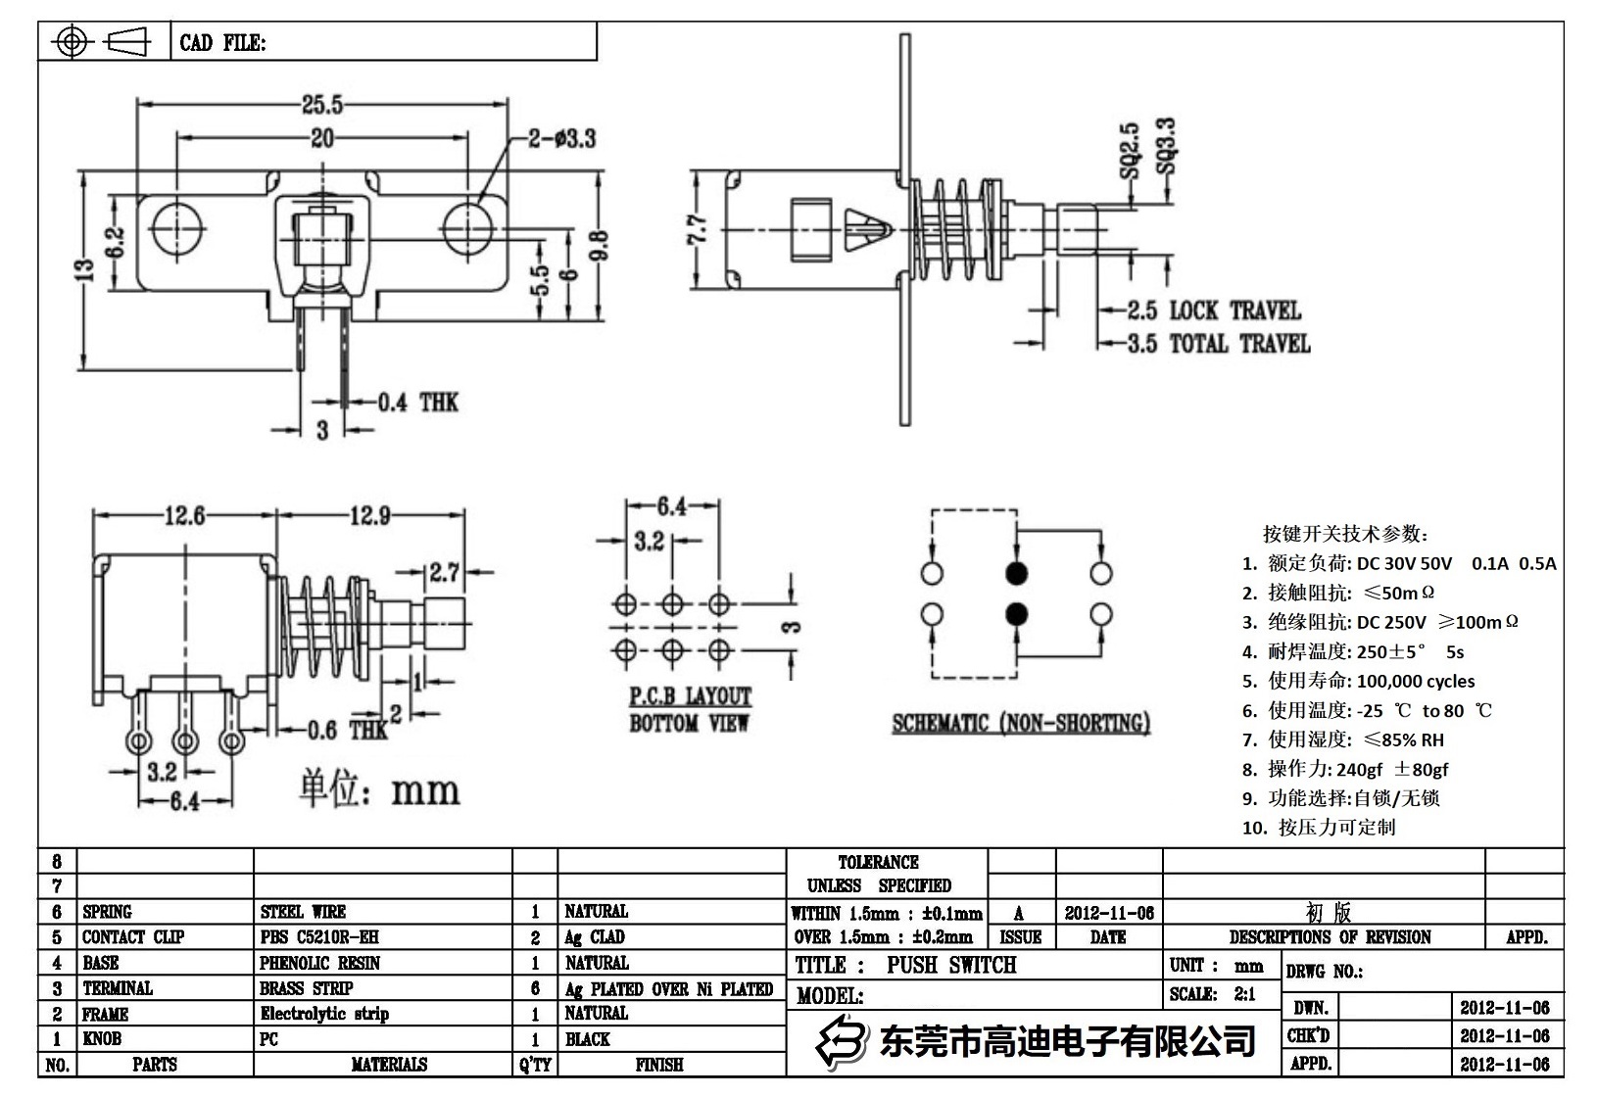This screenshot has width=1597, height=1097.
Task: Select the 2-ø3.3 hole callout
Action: pos(561,138)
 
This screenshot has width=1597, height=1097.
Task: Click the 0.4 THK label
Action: pos(418,403)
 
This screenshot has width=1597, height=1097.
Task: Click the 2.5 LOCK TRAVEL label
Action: pos(1214,311)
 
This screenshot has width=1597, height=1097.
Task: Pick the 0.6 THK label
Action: pos(348,731)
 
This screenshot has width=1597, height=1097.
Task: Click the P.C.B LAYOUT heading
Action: pos(690,696)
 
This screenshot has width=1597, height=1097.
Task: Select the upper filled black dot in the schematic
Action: pos(1017,573)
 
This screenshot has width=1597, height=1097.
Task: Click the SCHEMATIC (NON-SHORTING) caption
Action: pos(1020,724)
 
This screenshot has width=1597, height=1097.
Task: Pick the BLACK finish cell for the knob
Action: pos(588,1039)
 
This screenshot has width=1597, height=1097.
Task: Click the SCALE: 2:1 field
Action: pos(1212,994)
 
